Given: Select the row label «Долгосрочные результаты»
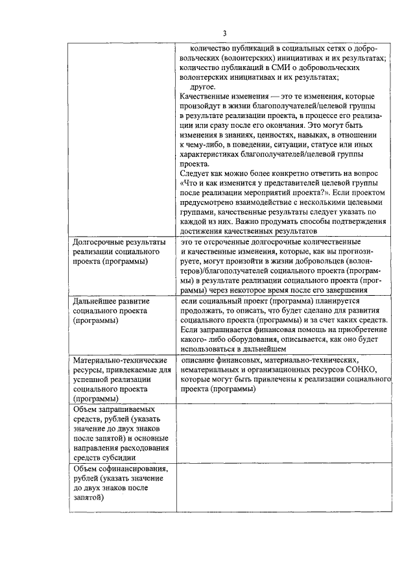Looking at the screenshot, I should (119, 241).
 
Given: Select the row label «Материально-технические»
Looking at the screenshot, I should (120, 361).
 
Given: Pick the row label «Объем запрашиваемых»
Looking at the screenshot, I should (114, 410).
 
